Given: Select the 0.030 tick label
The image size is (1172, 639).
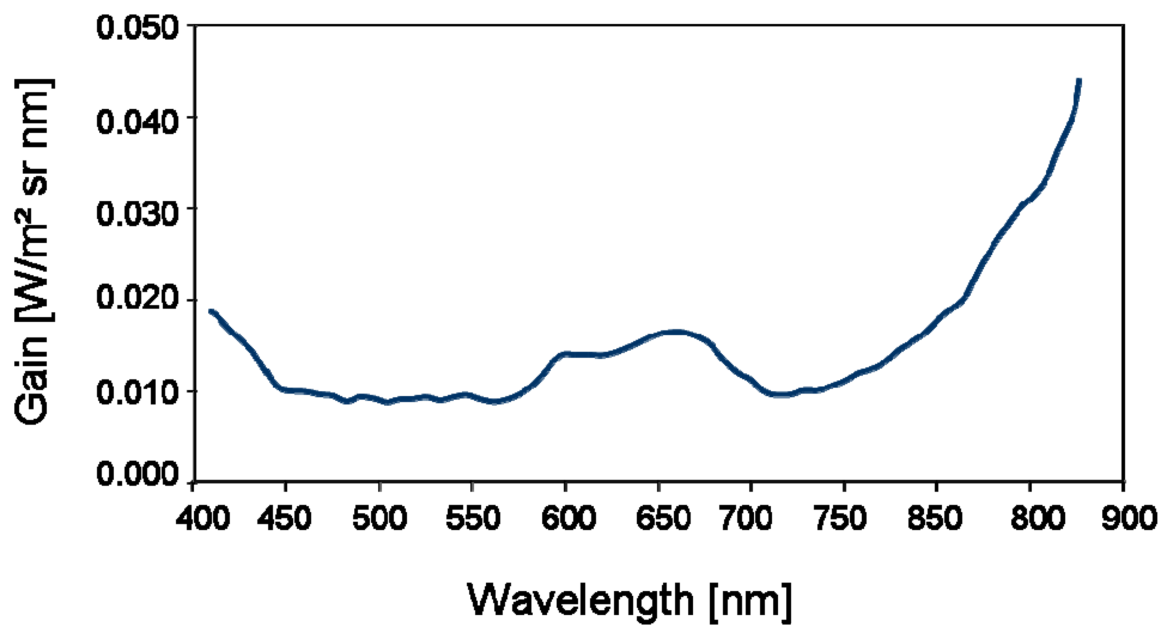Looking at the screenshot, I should coord(136,213).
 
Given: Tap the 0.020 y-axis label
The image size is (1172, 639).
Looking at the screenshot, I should coord(136,299).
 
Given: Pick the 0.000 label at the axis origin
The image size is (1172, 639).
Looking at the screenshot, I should coord(136,473).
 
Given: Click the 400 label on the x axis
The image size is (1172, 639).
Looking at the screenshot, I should coord(203,518).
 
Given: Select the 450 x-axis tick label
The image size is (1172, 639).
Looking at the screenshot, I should coord(284,518).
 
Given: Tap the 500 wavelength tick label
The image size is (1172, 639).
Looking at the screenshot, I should coord(379,518).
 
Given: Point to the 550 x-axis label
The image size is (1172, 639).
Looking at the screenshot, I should coord(473,518).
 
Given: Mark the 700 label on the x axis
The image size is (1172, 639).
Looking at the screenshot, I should coord(746,518).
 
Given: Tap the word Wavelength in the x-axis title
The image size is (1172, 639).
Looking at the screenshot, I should coord(580,601).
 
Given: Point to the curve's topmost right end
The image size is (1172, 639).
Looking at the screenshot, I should coord(1079,81).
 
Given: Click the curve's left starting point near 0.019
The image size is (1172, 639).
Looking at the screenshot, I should coord(211,311).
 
